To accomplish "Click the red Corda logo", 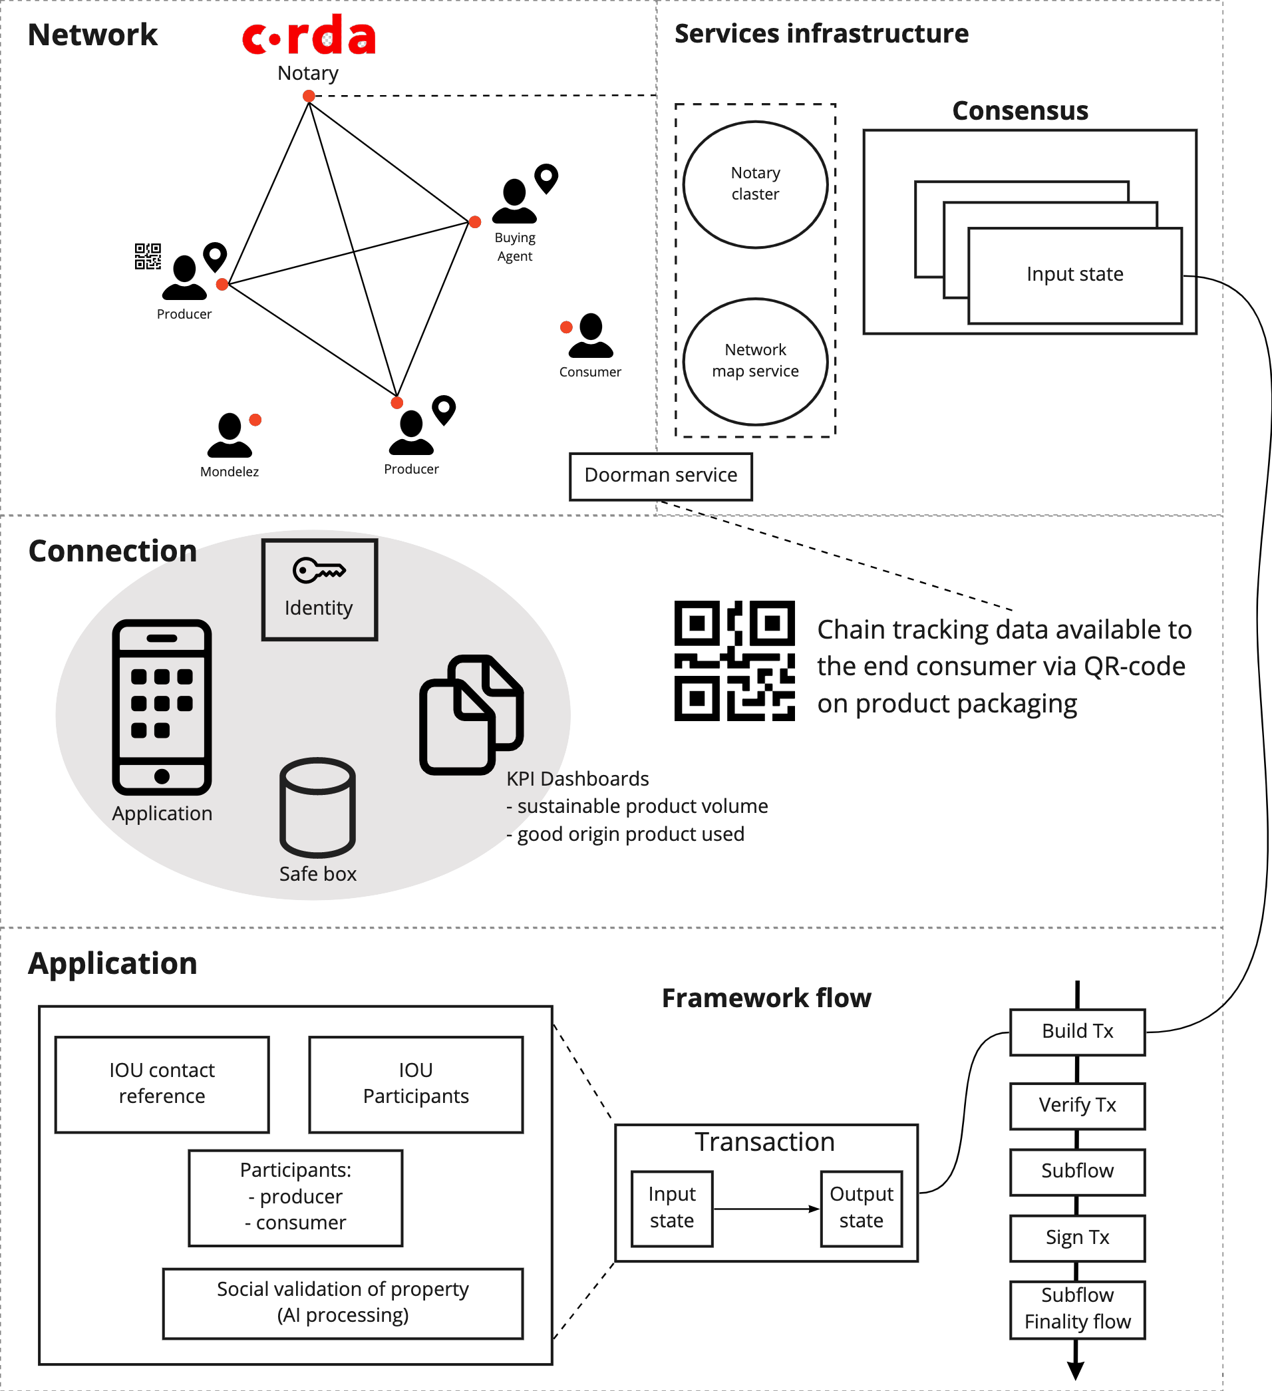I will click(x=309, y=36).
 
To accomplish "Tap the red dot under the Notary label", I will click(x=309, y=96).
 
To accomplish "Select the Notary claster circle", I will click(x=755, y=184).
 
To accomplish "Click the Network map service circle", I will click(x=755, y=361).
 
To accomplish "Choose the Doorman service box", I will click(x=661, y=476).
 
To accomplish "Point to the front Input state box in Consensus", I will click(x=1074, y=275).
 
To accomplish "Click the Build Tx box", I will click(x=1076, y=1032).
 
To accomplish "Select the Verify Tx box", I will click(x=1076, y=1106).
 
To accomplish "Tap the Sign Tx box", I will click(x=1076, y=1238).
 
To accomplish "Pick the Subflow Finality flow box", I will click(x=1076, y=1309).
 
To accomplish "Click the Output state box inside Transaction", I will click(x=861, y=1208).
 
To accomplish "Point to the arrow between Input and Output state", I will click(x=766, y=1209).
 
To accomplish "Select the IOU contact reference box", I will click(x=162, y=1084).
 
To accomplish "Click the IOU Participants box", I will click(x=416, y=1084).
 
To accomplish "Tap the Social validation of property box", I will click(x=343, y=1303).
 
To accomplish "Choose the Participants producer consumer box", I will click(x=295, y=1197).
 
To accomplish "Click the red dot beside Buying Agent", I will click(x=475, y=222).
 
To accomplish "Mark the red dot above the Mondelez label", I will click(x=255, y=420).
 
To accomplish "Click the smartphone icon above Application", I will click(x=162, y=706).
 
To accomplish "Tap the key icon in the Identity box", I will click(x=318, y=571).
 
